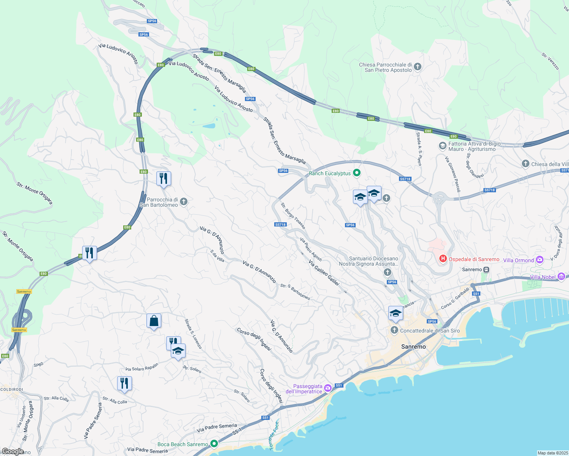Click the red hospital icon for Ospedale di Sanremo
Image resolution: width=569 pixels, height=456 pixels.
(443, 259)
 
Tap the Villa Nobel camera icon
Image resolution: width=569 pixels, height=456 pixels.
(561, 277)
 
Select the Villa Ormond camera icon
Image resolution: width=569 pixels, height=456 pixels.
(539, 260)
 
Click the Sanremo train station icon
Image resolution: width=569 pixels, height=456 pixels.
(486, 269)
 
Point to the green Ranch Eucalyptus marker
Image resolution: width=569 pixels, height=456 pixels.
(357, 173)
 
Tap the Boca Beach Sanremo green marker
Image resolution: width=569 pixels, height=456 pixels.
(214, 443)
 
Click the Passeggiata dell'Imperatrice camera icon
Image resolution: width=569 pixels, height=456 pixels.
(328, 388)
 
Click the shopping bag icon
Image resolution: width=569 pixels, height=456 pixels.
(154, 321)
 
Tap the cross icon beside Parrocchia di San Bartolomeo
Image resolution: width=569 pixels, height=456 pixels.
(184, 201)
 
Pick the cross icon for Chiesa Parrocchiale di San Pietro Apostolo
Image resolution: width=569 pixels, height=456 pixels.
(418, 67)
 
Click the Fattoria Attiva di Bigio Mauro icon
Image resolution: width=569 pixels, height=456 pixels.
(442, 146)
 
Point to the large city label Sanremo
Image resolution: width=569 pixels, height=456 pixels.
(413, 347)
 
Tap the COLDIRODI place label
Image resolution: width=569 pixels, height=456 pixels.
(11, 389)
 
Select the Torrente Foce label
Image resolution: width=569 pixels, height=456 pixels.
(274, 435)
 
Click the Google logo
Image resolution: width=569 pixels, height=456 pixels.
(13, 451)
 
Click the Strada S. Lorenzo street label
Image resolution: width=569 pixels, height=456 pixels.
(193, 334)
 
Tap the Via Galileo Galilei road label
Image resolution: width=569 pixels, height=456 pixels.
(324, 273)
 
